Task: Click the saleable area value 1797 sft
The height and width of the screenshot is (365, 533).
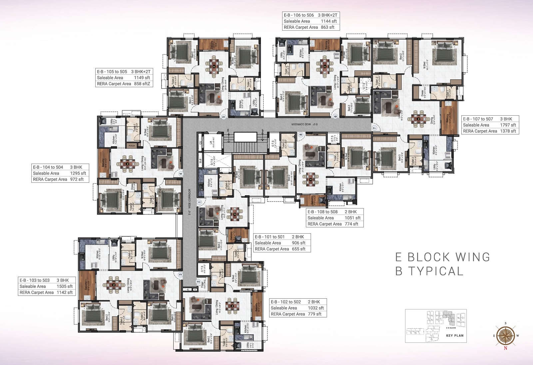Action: [508, 125]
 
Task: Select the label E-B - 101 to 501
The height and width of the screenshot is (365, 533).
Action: [270, 237]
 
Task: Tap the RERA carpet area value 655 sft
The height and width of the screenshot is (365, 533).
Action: [298, 249]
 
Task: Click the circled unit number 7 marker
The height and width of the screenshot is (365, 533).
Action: [374, 128]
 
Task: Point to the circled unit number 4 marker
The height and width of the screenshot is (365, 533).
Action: [181, 174]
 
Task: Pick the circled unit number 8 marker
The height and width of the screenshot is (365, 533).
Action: [301, 135]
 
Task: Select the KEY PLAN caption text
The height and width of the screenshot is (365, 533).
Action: [455, 336]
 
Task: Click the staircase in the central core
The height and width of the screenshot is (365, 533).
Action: [245, 142]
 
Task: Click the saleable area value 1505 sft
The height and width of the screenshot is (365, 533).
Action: [65, 286]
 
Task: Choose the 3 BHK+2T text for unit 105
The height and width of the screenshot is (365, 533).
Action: [141, 72]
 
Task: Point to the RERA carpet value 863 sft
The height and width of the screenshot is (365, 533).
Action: [327, 27]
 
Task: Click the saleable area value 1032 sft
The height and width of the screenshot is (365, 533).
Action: [316, 308]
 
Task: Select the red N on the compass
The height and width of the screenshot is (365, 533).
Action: [506, 348]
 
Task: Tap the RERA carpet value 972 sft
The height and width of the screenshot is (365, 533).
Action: [77, 179]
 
